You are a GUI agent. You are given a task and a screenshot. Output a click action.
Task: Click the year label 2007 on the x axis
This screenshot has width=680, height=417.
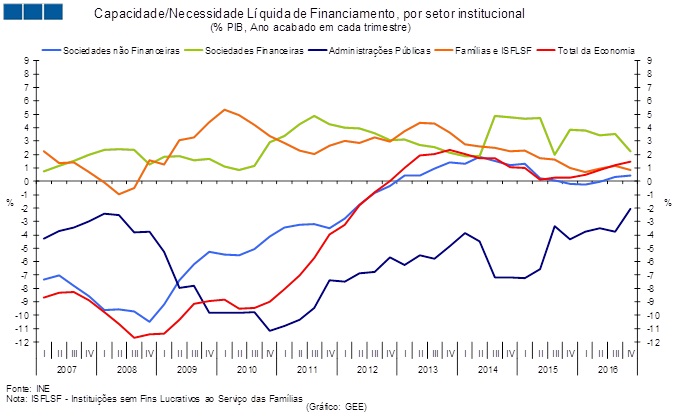tap(66, 369)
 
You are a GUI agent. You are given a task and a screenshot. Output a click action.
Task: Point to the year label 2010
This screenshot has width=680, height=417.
tap(246, 369)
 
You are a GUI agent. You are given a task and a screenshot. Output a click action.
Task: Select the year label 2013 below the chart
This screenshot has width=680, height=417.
tap(427, 369)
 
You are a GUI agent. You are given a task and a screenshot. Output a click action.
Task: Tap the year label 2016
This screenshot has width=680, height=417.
tap(607, 369)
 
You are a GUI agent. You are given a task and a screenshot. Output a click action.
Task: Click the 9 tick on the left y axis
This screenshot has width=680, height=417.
tap(27, 61)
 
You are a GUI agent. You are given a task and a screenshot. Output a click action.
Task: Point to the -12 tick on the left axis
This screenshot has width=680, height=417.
tap(24, 342)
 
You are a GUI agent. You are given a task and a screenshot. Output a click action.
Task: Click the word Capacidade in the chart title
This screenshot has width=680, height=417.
tap(132, 14)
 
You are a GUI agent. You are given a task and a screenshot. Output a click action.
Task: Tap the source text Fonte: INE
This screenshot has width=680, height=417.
tap(27, 387)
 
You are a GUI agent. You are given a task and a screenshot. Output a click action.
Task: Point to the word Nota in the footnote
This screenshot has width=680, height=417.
tap(17, 397)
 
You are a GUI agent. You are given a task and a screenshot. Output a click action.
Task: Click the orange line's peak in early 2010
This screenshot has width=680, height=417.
tap(224, 110)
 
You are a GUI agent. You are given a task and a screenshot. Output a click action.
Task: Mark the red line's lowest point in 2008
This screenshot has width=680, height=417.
tap(135, 337)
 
